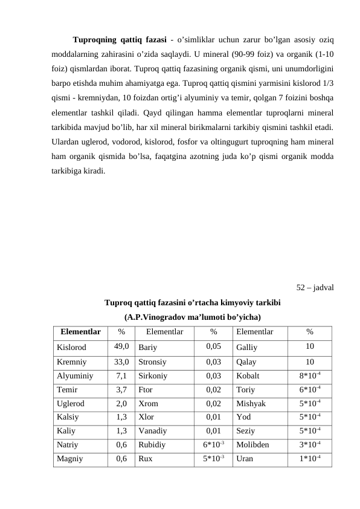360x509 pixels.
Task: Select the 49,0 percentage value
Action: [x=121, y=347]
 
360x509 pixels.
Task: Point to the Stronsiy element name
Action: [x=153, y=363]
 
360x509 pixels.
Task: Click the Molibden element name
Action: [x=253, y=444]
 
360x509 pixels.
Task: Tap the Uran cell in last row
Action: [x=245, y=459]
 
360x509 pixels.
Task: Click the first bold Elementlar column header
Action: [x=81, y=332]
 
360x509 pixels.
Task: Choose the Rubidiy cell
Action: [x=152, y=444]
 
